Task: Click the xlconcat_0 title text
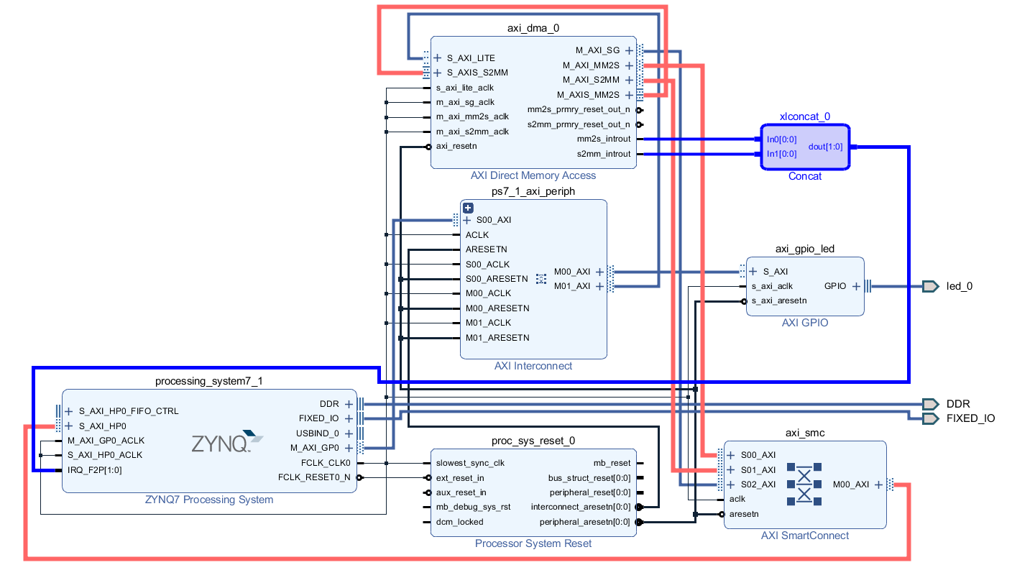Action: pyautogui.click(x=805, y=116)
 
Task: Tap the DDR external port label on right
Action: pyautogui.click(x=958, y=404)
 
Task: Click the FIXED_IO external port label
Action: pyautogui.click(x=970, y=418)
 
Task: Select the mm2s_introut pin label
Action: pyautogui.click(x=604, y=139)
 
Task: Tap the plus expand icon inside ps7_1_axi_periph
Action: pyautogui.click(x=468, y=208)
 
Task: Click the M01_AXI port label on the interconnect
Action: pyautogui.click(x=572, y=286)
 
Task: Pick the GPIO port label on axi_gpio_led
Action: pyautogui.click(x=835, y=286)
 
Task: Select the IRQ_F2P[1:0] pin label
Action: pyautogui.click(x=95, y=470)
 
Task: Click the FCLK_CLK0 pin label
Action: pyautogui.click(x=326, y=462)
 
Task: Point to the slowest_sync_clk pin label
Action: pyautogui.click(x=470, y=463)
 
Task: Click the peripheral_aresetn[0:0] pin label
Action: pyautogui.click(x=584, y=522)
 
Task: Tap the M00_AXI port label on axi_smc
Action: pyautogui.click(x=851, y=484)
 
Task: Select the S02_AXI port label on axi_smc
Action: pyautogui.click(x=758, y=484)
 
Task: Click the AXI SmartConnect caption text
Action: pyautogui.click(x=805, y=536)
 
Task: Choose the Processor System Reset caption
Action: pyautogui.click(x=533, y=543)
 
